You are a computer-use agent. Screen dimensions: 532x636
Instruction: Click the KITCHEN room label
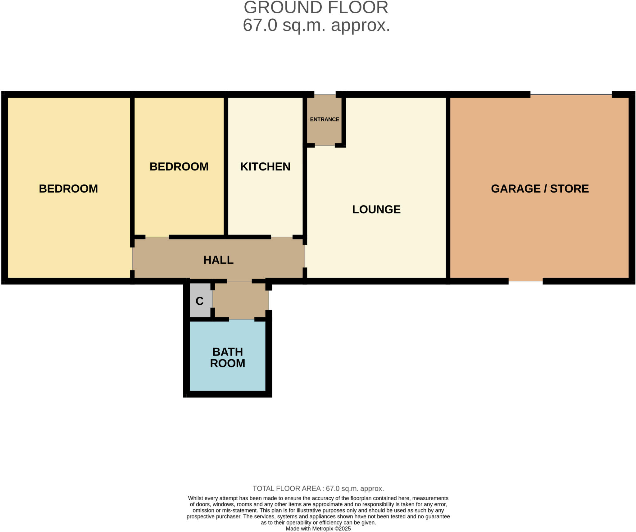(265, 167)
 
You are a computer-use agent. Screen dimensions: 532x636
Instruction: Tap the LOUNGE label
(376, 209)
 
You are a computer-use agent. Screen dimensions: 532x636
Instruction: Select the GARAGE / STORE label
(540, 189)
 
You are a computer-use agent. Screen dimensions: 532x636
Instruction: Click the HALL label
(218, 260)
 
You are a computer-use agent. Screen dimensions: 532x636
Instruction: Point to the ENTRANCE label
(324, 119)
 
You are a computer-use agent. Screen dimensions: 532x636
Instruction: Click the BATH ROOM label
(227, 357)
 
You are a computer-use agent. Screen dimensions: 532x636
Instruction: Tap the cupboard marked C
(199, 301)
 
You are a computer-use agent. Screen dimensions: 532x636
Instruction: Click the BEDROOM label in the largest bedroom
(68, 189)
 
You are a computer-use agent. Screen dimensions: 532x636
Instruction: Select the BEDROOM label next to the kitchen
(179, 167)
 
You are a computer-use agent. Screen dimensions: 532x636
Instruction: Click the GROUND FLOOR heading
(316, 7)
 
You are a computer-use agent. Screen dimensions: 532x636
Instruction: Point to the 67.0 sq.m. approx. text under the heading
(316, 25)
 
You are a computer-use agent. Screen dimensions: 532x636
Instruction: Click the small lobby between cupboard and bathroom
(241, 300)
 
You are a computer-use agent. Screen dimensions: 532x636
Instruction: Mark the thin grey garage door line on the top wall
(571, 94)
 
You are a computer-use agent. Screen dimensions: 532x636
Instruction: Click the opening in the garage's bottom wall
(525, 281)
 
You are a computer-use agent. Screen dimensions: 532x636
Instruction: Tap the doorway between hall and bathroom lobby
(239, 281)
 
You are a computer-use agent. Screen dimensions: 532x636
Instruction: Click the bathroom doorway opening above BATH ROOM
(242, 319)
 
